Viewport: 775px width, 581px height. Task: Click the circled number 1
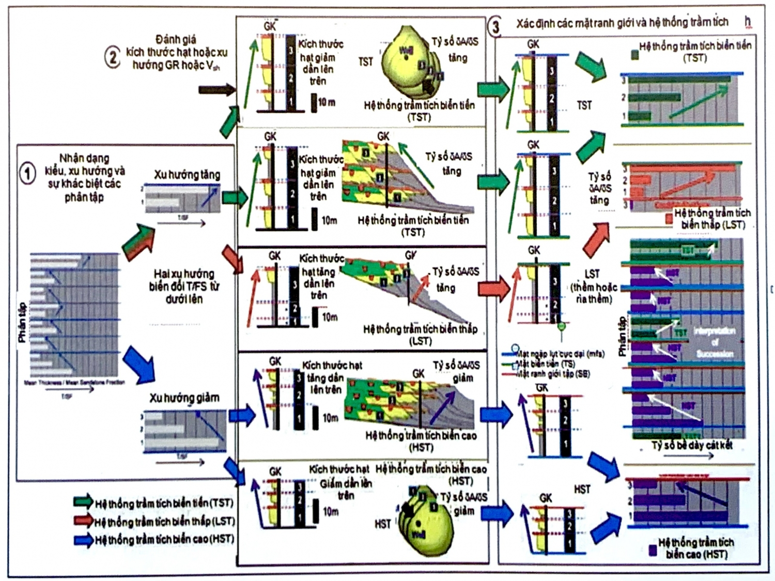click(27, 173)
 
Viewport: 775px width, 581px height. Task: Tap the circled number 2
click(112, 57)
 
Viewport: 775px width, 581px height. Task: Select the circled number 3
click(495, 26)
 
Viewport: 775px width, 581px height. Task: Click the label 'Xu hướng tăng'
click(187, 175)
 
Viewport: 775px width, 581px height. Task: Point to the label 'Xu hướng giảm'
click(184, 397)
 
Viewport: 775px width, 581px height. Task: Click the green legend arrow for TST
click(83, 501)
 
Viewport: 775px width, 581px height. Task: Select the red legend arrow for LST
click(83, 521)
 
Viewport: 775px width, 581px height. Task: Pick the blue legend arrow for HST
click(83, 540)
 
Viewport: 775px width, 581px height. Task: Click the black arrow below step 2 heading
click(216, 90)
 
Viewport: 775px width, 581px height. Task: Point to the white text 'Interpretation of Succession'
click(714, 342)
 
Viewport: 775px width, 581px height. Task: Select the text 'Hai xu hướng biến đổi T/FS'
click(184, 286)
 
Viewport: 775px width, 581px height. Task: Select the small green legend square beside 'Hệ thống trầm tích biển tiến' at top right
click(634, 54)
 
